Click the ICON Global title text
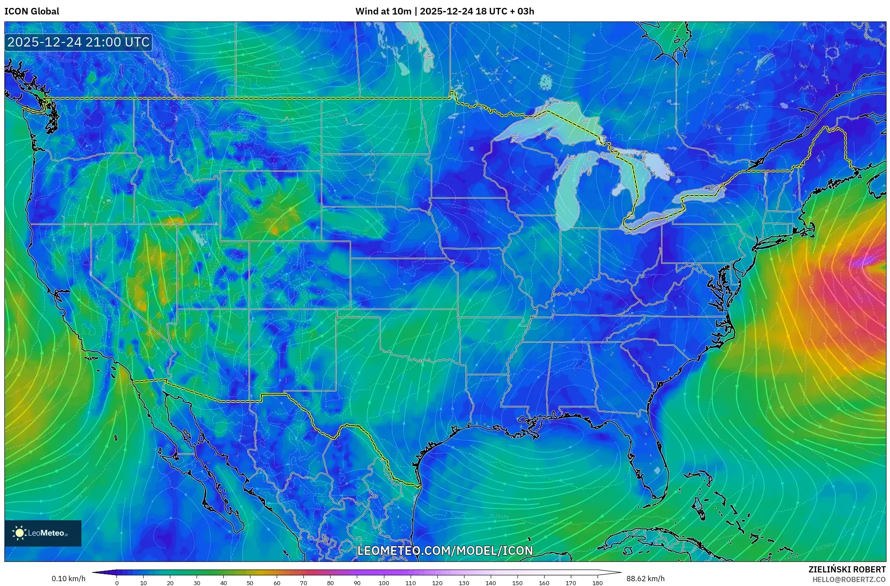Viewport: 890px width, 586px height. click(32, 11)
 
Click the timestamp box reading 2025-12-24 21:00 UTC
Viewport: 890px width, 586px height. click(78, 43)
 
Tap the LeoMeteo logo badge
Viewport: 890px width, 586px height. click(43, 533)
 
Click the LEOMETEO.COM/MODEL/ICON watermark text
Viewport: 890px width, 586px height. click(445, 550)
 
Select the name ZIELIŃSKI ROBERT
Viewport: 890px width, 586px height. click(847, 569)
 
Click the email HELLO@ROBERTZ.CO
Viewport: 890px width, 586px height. click(849, 579)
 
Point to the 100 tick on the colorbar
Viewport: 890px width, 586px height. click(383, 583)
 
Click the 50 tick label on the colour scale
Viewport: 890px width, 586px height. click(250, 583)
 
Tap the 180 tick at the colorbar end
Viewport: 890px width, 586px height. click(597, 583)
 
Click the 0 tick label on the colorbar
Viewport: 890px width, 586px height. click(116, 583)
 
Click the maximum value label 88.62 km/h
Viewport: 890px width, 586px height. click(645, 579)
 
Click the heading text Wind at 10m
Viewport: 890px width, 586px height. click(383, 11)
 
